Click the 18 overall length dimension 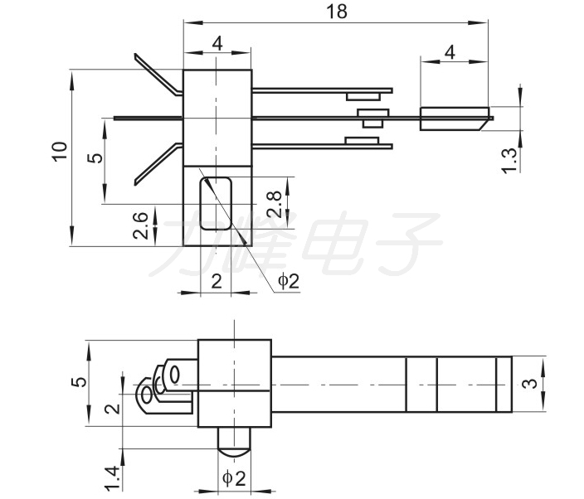click(337, 12)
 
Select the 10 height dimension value click(60, 152)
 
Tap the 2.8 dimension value click(275, 204)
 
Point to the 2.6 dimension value click(140, 225)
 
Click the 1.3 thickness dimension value click(509, 160)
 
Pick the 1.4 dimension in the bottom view click(112, 478)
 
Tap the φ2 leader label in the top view click(289, 281)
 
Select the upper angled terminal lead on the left click(158, 75)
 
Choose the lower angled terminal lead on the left click(158, 164)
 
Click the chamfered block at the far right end click(455, 119)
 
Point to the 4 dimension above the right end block click(450, 52)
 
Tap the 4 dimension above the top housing click(217, 44)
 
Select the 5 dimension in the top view click(95, 157)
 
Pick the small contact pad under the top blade click(363, 97)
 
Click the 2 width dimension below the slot click(217, 281)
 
